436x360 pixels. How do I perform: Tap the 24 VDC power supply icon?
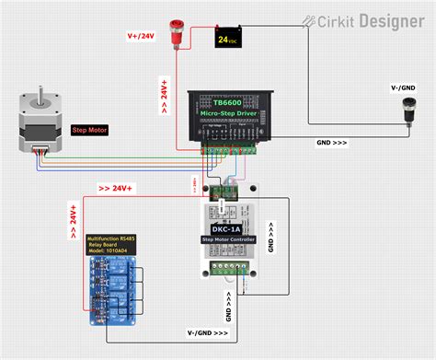[x=227, y=38]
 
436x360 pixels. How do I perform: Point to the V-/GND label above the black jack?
[x=405, y=87]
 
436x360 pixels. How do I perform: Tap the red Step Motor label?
[x=89, y=130]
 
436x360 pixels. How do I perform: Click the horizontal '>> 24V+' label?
[x=116, y=189]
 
